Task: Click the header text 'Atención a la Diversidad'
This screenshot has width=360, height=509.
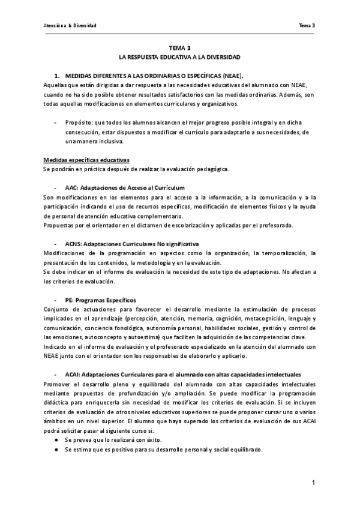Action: pyautogui.click(x=70, y=25)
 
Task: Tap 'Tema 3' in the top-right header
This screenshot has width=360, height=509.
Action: pyautogui.click(x=307, y=25)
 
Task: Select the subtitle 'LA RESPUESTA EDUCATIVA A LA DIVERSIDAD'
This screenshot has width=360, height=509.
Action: pyautogui.click(x=179, y=57)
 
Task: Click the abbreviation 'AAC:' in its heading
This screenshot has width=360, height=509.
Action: pyautogui.click(x=72, y=188)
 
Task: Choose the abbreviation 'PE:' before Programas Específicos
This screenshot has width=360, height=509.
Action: pyautogui.click(x=70, y=300)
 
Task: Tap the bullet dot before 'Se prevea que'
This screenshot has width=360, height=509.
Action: pyautogui.click(x=56, y=440)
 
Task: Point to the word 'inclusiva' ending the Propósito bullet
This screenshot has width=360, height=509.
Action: pyautogui.click(x=110, y=142)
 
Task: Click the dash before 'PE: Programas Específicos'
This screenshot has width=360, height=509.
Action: pyautogui.click(x=56, y=300)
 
